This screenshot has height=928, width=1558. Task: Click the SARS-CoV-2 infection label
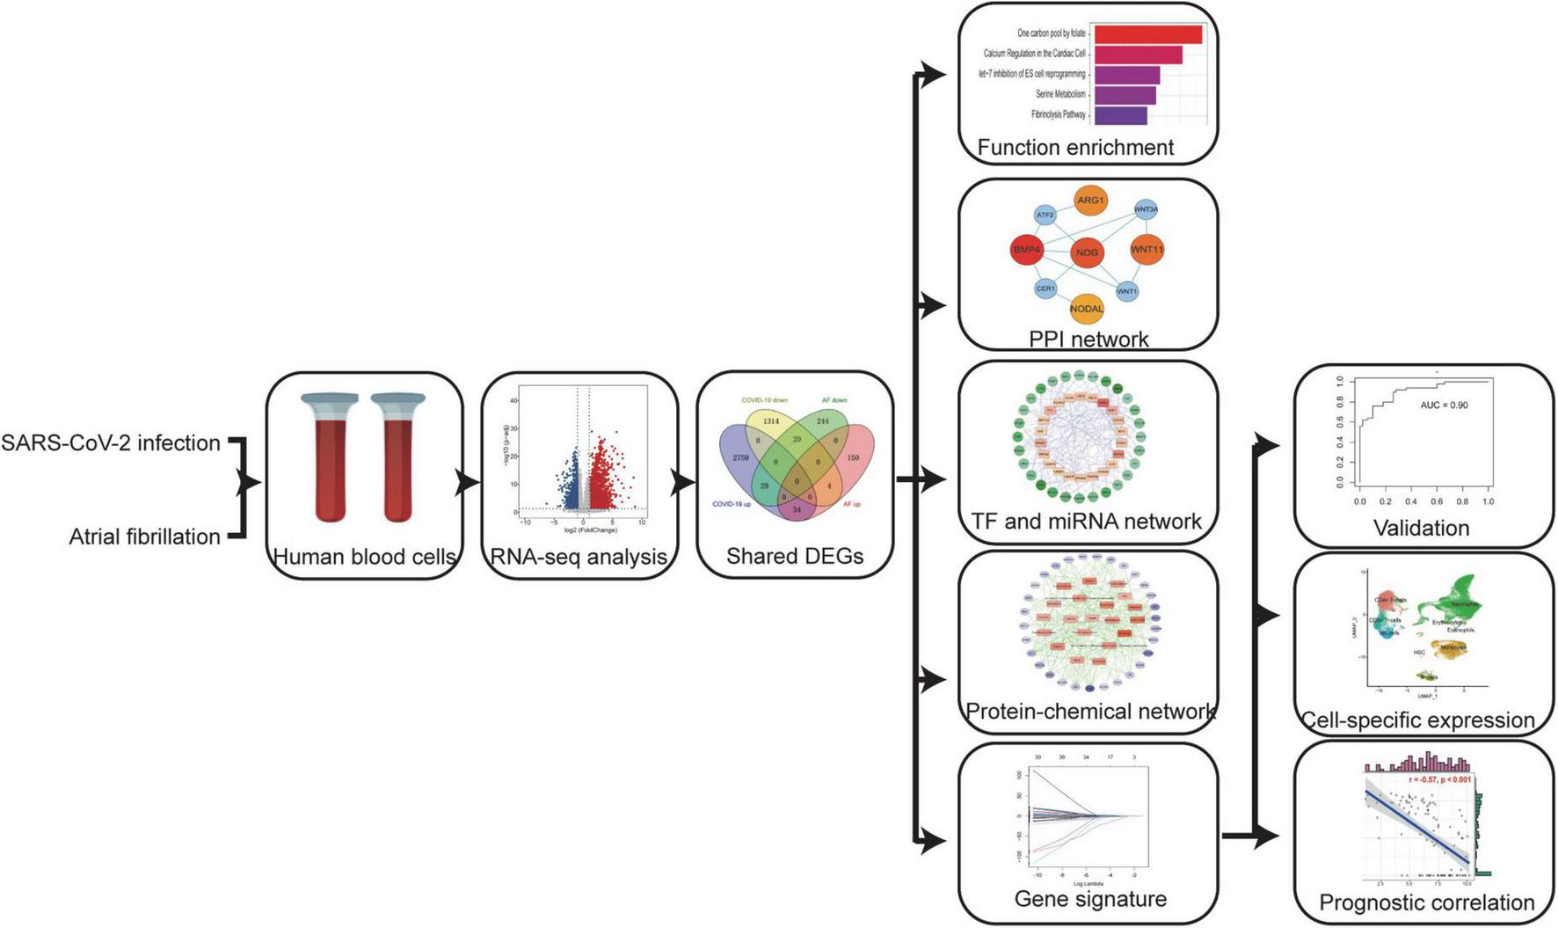pos(111,442)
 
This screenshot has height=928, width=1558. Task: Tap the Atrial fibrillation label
pos(145,537)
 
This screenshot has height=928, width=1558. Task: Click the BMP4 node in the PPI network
pos(1027,250)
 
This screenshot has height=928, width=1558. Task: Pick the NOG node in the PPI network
pos(1087,252)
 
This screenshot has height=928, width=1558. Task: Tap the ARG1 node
pos(1090,201)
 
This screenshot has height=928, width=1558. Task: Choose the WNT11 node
pos(1147,250)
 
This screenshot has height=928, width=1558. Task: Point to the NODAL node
pos(1087,309)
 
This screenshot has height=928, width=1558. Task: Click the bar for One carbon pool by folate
pos(1147,34)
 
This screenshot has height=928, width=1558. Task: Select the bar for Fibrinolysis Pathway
pos(1120,115)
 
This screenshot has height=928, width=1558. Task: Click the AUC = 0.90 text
pos(1444,406)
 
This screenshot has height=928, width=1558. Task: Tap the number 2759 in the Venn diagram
pos(740,458)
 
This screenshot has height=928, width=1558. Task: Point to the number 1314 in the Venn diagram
pos(771,421)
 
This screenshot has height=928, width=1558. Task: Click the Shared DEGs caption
pos(794,556)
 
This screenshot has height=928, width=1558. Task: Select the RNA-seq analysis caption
pos(579,556)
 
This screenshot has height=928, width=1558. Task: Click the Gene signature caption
pos(1090,899)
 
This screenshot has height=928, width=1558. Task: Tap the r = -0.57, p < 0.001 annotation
pos(1438,780)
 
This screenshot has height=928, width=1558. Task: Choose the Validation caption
pos(1421,528)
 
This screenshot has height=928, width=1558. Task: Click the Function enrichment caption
pos(1075,148)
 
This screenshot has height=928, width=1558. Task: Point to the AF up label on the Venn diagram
pos(851,504)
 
